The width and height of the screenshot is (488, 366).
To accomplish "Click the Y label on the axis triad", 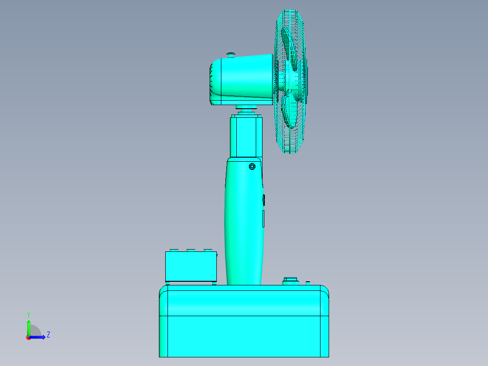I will pos(28,314).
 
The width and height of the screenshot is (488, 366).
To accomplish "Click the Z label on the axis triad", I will pos(48,335).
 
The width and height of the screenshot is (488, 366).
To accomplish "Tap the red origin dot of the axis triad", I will pos(29,337).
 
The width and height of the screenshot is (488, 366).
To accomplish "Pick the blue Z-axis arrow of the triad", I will pos(38,337).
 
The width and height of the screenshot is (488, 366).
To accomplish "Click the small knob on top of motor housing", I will pos(231,55).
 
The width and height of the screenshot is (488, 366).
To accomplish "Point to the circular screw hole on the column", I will pos(252,167).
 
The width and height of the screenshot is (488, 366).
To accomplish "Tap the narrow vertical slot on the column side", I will pos(263,218).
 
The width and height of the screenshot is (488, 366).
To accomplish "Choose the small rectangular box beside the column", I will pos(191,266).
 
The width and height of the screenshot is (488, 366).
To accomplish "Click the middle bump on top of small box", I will pos(191,250).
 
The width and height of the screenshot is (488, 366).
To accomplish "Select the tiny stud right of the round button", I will pos(308,283).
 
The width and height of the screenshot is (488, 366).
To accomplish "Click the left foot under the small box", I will pos(168,283).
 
